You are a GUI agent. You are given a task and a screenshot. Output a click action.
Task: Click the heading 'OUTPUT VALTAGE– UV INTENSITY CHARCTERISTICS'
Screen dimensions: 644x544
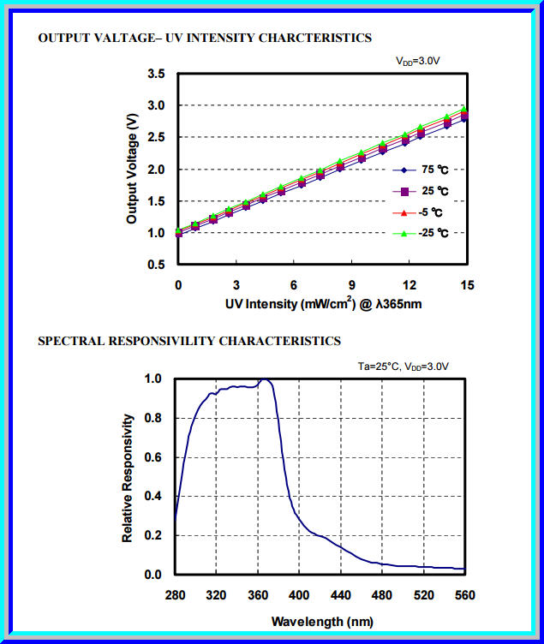(x=205, y=39)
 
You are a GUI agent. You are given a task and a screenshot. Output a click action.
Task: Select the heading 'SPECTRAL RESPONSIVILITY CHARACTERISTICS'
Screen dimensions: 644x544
(x=189, y=341)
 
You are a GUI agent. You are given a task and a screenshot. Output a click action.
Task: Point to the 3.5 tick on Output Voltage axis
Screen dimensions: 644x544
(x=156, y=75)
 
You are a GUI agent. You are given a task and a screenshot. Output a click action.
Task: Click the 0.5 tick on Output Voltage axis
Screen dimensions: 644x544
(x=156, y=265)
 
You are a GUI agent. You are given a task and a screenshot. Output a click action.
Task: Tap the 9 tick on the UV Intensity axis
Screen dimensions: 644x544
(x=351, y=283)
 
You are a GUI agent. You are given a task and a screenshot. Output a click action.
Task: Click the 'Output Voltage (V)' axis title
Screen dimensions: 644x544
(x=132, y=170)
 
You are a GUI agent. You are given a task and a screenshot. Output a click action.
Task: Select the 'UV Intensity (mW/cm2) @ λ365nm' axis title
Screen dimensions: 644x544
(x=322, y=303)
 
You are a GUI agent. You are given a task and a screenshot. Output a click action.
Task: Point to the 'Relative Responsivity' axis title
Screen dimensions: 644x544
(x=128, y=477)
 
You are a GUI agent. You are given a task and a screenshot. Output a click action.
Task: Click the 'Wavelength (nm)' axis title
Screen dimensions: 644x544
(x=320, y=620)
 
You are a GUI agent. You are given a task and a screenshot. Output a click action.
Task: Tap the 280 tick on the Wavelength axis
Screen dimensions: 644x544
(x=176, y=595)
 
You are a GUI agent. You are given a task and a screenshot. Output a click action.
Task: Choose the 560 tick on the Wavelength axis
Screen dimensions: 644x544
(x=464, y=595)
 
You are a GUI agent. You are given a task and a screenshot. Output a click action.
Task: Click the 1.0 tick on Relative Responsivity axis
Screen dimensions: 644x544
(x=153, y=378)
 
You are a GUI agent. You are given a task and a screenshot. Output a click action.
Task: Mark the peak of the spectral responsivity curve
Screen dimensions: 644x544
(x=266, y=379)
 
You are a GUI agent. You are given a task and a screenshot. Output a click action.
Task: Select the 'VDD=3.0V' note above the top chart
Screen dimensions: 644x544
(x=417, y=61)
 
